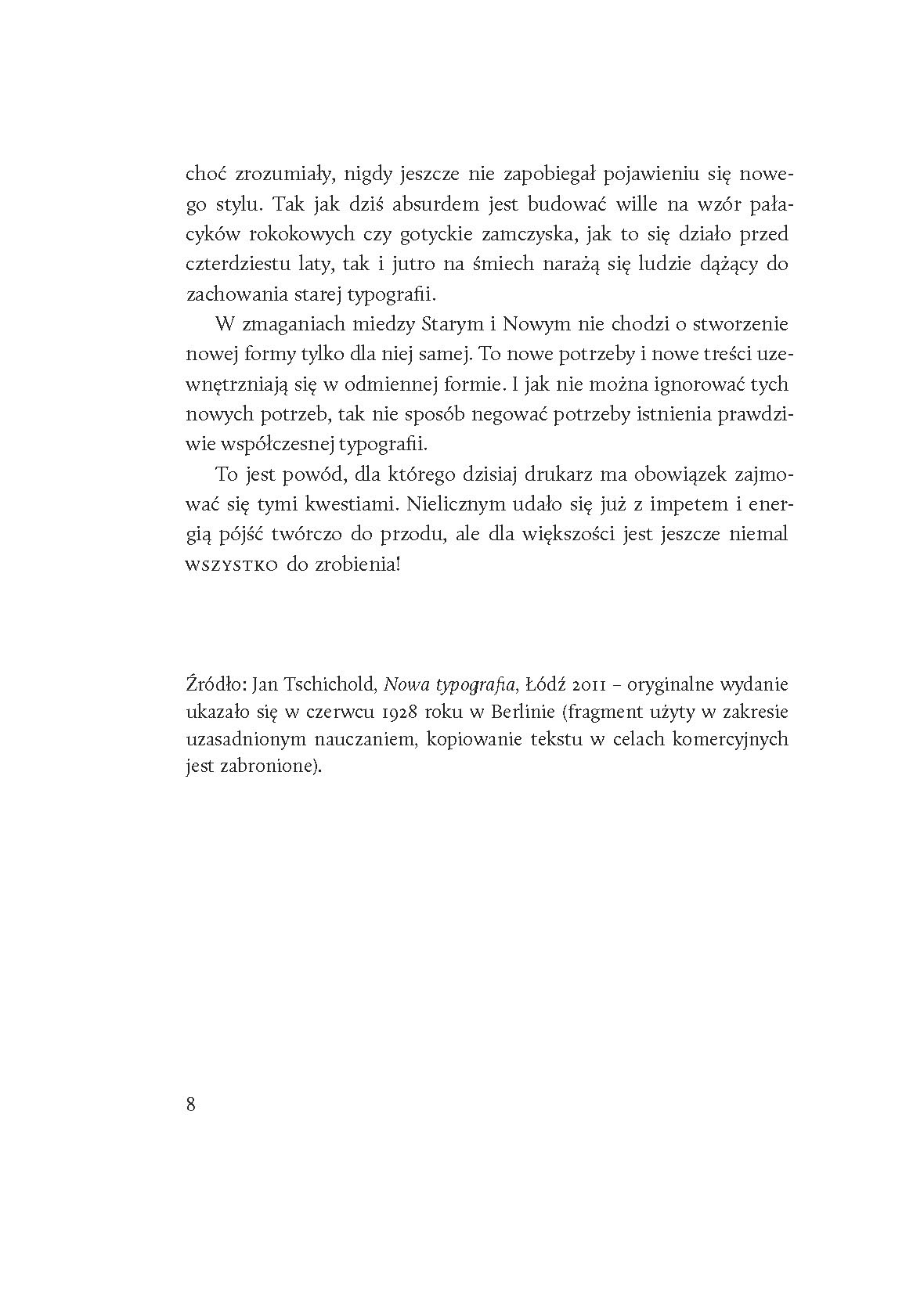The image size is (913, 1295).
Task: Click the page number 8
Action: pyautogui.click(x=191, y=1104)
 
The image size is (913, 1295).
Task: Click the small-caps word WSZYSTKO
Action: pyautogui.click(x=232, y=566)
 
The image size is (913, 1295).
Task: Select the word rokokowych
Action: pyautogui.click(x=294, y=235)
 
